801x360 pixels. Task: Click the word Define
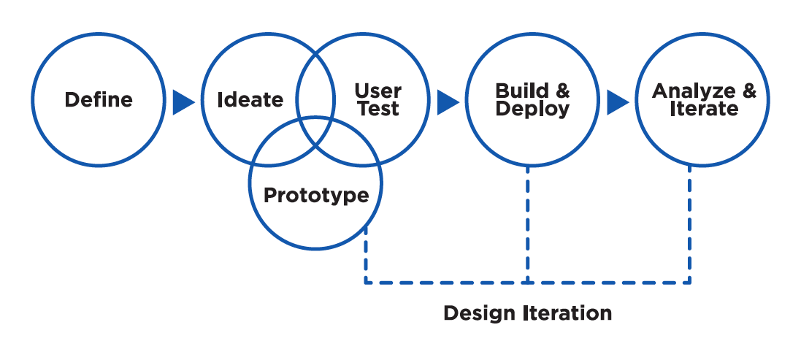99,99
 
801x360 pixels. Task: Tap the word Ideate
250,99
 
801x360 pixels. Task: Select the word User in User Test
378,91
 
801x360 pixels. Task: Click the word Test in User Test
378,110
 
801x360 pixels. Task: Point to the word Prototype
315,196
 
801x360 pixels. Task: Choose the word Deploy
533,110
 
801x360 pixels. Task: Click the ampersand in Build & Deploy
562,91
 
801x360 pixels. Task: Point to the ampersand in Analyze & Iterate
749,91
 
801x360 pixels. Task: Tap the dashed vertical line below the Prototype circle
365,256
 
